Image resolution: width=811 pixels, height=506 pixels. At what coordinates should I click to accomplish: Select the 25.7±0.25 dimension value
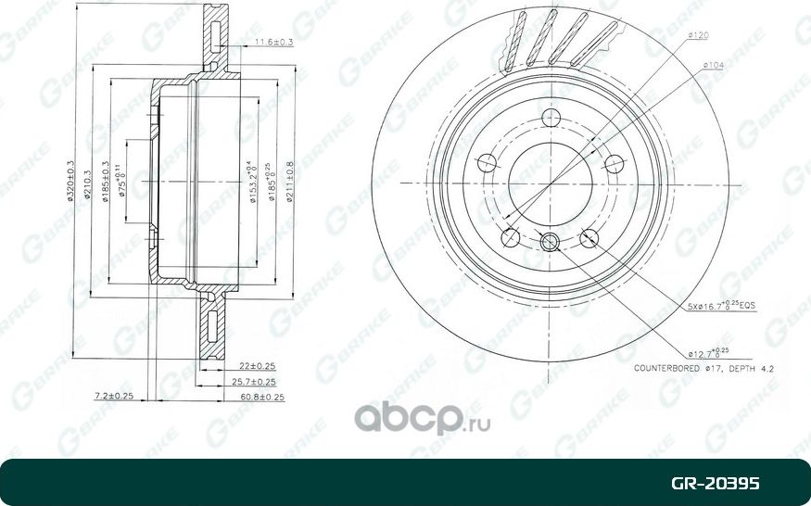pos(258,382)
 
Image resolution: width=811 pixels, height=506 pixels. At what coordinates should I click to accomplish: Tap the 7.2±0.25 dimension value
pos(115,397)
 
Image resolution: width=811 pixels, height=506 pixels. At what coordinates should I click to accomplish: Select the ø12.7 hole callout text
pos(710,351)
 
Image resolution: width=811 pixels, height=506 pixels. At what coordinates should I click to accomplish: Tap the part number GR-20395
pos(716,484)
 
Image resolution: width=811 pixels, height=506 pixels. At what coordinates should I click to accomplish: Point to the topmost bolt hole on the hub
pos(551,118)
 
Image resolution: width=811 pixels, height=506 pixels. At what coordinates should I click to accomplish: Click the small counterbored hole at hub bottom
pos(549,243)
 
